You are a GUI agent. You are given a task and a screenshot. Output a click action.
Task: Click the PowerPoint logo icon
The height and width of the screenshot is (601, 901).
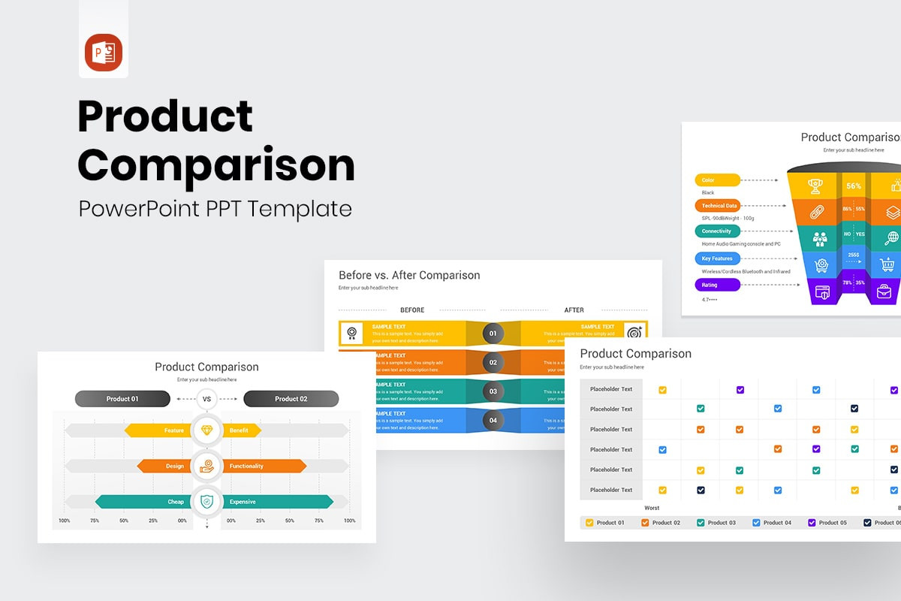(104, 53)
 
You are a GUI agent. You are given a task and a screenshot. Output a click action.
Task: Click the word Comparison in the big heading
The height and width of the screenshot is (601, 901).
(216, 165)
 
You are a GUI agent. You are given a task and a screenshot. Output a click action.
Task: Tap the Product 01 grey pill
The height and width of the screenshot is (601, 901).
(122, 399)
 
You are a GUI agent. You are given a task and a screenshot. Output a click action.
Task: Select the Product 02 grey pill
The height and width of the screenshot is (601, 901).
(291, 399)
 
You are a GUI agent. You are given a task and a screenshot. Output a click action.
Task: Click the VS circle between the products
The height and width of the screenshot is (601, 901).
(206, 399)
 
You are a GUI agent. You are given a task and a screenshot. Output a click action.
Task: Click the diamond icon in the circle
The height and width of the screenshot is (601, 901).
(206, 430)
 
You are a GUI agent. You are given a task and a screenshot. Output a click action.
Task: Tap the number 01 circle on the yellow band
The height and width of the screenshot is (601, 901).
(493, 333)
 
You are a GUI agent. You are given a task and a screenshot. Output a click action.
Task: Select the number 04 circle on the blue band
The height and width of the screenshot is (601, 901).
(493, 420)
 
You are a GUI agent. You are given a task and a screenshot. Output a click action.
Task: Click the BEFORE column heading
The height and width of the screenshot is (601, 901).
(412, 310)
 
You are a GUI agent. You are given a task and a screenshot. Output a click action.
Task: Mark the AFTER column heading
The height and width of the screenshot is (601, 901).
(574, 310)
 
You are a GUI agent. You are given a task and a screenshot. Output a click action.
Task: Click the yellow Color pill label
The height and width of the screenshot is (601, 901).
(717, 180)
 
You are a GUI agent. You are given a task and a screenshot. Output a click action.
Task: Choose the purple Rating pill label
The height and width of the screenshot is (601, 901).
(717, 285)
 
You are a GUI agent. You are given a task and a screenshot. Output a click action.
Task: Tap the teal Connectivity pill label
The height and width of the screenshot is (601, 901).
(717, 231)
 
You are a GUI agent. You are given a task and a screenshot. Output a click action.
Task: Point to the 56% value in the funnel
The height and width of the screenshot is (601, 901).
(854, 186)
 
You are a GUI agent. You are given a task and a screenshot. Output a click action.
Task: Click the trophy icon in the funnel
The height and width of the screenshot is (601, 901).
(815, 186)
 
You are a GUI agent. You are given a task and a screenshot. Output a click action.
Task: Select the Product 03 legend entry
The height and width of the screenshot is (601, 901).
(717, 522)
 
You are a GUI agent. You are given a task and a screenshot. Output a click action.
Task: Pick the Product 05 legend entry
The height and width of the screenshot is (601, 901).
(827, 522)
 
